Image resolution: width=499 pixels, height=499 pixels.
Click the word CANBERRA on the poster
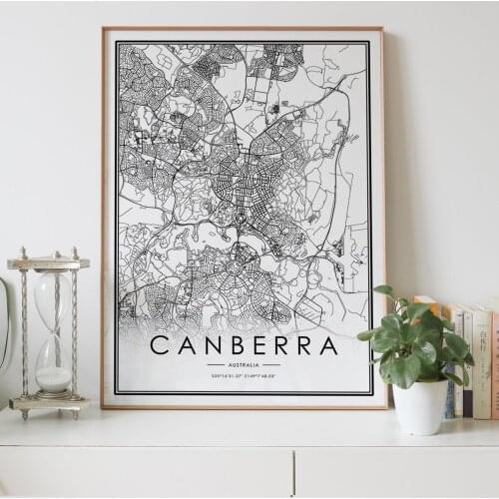point(244,346)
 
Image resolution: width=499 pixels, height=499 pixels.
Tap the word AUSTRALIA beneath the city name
point(244,365)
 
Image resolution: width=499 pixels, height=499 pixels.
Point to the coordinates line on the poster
point(244,376)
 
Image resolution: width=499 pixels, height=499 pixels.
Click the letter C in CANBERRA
point(159,346)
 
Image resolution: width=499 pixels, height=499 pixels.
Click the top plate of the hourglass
point(48,263)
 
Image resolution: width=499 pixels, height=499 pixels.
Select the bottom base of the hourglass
point(49,403)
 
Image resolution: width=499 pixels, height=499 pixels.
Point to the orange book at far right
point(494,364)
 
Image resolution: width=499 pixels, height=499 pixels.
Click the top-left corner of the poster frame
point(103,29)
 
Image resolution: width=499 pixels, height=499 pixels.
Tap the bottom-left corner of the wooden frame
point(103,406)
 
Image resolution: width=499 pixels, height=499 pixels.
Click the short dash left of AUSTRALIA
point(216,365)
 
